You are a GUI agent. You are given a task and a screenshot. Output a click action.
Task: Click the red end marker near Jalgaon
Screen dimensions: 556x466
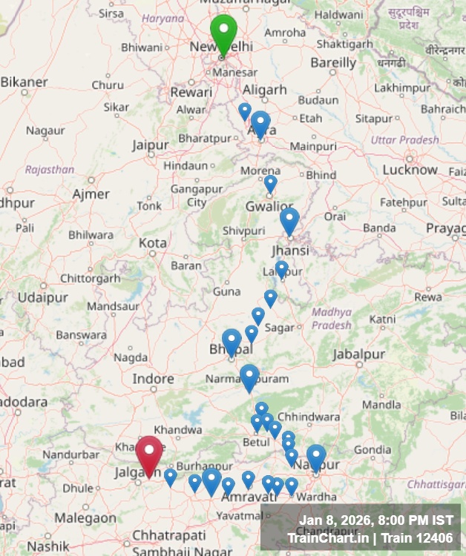(x=149, y=454)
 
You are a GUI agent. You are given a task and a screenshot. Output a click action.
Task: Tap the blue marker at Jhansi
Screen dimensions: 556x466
(x=289, y=221)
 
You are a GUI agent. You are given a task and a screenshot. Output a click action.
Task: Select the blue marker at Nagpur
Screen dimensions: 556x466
(x=316, y=457)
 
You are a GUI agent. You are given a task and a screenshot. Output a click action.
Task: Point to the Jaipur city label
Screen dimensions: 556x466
(x=151, y=145)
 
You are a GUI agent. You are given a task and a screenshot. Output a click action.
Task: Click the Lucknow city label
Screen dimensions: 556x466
(x=410, y=170)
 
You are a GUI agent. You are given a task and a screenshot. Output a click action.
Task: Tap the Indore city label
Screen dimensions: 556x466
(x=153, y=379)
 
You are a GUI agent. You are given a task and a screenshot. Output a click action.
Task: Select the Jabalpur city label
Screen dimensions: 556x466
(x=359, y=354)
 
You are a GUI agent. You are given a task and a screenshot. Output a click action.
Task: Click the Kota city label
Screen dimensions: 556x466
(x=153, y=243)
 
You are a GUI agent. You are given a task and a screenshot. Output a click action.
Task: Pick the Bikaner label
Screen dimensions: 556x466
(x=24, y=82)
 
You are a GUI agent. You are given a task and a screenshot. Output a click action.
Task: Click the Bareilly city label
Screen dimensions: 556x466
(x=333, y=63)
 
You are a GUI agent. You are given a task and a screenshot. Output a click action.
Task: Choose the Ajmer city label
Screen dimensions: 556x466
(x=91, y=194)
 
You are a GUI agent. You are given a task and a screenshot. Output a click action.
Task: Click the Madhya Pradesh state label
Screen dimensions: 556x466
(x=331, y=319)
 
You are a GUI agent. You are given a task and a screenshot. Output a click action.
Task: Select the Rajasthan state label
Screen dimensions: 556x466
(x=50, y=170)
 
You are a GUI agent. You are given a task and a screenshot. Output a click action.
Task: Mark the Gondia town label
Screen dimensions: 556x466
(x=372, y=449)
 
